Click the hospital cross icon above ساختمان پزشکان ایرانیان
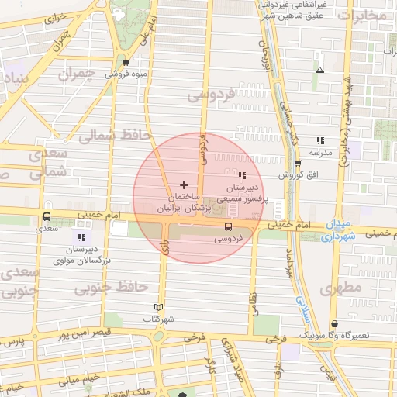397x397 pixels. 183,185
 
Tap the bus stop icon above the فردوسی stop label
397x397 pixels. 228,226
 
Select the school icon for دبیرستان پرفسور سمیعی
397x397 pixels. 242,176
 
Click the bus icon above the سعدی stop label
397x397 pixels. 47,217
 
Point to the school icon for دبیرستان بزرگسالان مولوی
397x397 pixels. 81,236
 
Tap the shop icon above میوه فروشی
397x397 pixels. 126,63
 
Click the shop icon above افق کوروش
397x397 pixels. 298,163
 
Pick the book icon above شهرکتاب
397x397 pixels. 159,307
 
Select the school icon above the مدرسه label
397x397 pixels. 319,140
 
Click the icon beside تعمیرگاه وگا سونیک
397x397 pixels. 334,324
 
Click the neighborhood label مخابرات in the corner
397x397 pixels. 364,15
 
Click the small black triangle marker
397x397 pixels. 319,70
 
